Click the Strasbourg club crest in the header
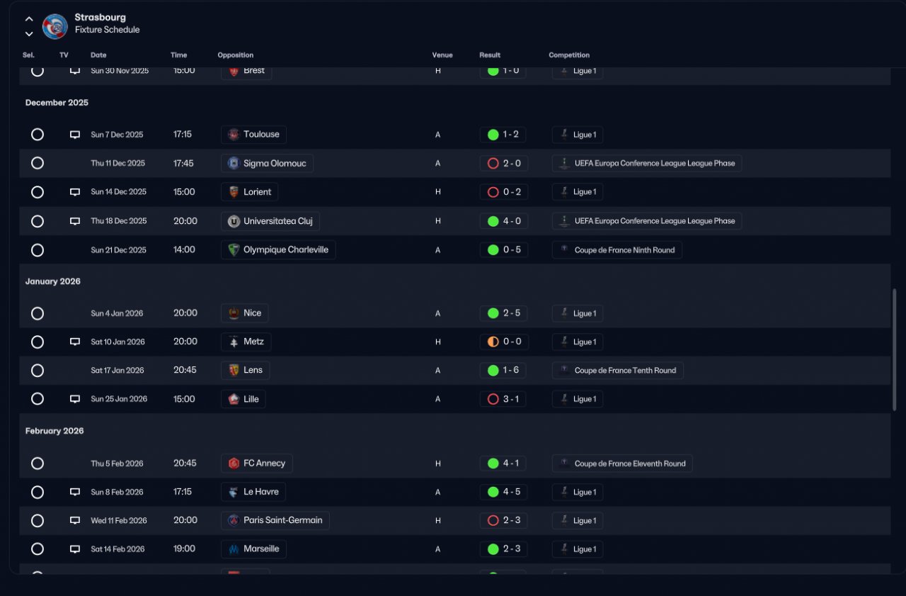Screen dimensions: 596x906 pyautogui.click(x=55, y=26)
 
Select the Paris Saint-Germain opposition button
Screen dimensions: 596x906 pyautogui.click(x=275, y=520)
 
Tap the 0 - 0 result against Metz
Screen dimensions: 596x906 pyautogui.click(x=504, y=342)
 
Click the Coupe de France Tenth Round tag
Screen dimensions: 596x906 pyautogui.click(x=617, y=370)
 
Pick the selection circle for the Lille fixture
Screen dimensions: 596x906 pyautogui.click(x=38, y=399)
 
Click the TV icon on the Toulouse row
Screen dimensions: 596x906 pyautogui.click(x=75, y=135)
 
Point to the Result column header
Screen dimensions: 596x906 pyautogui.click(x=490, y=55)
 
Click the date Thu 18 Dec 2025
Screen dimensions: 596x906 pyautogui.click(x=119, y=221)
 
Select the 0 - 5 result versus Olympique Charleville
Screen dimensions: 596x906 pyautogui.click(x=504, y=249)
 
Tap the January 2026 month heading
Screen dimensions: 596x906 pyautogui.click(x=53, y=281)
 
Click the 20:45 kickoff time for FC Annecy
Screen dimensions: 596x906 pyautogui.click(x=185, y=463)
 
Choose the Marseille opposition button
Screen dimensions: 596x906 pyautogui.click(x=253, y=549)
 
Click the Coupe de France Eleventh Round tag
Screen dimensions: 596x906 pyautogui.click(x=622, y=463)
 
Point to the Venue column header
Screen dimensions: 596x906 pyautogui.click(x=442, y=55)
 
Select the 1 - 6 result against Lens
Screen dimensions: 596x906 pyautogui.click(x=504, y=370)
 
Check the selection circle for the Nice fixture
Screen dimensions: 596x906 pyautogui.click(x=38, y=313)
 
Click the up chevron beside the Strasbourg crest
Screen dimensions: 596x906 pyautogui.click(x=29, y=19)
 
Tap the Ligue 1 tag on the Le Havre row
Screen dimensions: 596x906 pyautogui.click(x=578, y=492)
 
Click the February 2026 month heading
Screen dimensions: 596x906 pyautogui.click(x=55, y=431)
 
